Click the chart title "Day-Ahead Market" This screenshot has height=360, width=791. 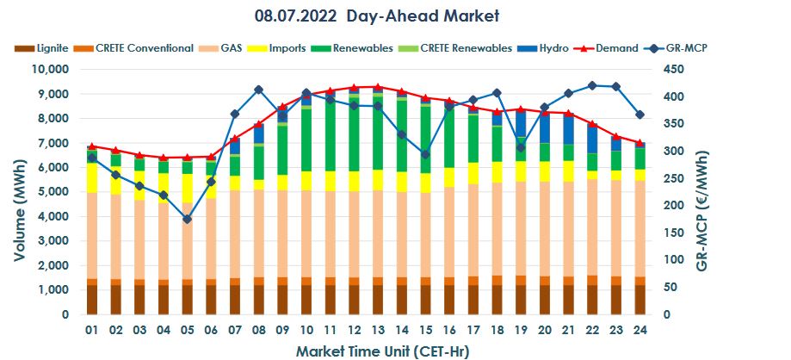pos(419,16)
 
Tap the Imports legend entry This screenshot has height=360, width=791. pos(294,48)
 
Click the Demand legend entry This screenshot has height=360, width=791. pos(616,48)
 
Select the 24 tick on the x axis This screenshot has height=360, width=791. pos(640,330)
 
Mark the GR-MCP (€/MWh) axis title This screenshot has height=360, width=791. pos(702,191)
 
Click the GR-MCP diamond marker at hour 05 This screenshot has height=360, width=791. pos(188,220)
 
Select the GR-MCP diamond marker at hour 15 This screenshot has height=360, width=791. pos(425,154)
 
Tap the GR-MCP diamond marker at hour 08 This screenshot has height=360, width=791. pos(258,90)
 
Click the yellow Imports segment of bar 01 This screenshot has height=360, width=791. pos(92,177)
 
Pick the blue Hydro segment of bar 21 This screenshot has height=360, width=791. pos(567,129)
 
